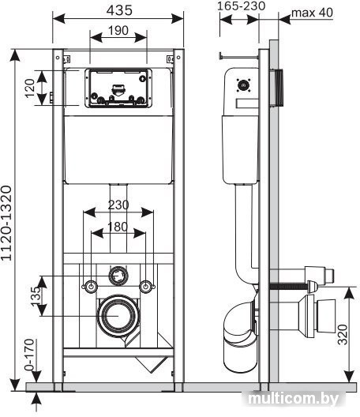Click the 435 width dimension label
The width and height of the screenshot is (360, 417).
coord(119,10)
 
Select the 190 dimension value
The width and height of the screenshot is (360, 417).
coord(118,31)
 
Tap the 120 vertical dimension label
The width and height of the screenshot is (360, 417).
coord(30,88)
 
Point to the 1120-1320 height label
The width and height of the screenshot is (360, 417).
coord(6,223)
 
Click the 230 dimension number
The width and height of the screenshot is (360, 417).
coord(118,205)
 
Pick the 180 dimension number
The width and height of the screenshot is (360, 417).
coord(118,227)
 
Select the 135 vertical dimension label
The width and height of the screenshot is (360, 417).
coord(36,296)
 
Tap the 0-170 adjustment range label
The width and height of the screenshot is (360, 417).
coord(29,355)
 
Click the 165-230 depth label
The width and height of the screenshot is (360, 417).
coord(241,6)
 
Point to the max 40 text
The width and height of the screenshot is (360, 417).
coord(312,13)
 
